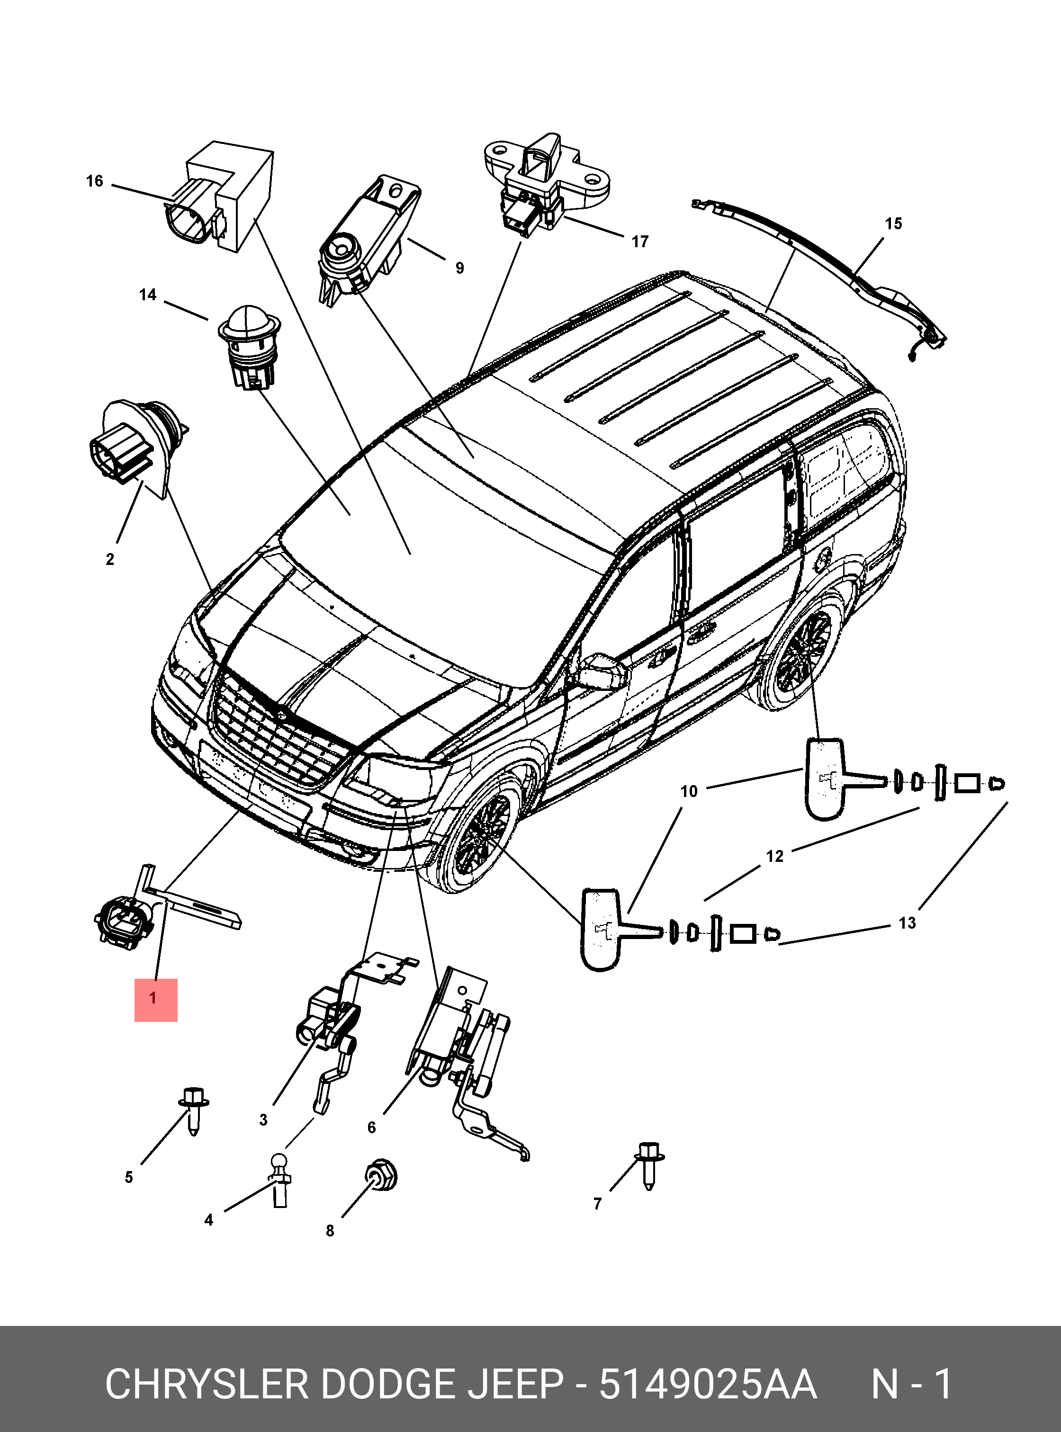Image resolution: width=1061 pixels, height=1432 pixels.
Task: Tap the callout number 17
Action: tap(640, 242)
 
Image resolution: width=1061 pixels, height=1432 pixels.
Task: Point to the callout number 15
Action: tap(893, 224)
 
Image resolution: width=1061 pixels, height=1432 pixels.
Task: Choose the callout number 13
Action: tap(907, 923)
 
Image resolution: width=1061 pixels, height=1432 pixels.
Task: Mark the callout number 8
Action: tap(330, 1230)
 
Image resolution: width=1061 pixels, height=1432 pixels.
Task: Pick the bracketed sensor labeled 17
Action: tap(546, 183)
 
